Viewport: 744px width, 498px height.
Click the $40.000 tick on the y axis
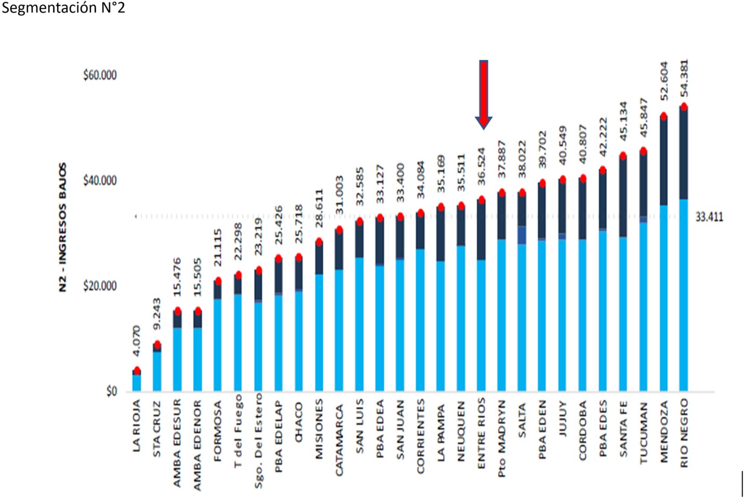coord(100,181)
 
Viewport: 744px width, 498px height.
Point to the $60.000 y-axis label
coord(100,75)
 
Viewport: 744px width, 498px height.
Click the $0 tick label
coord(111,392)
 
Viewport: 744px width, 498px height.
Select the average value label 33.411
coord(709,217)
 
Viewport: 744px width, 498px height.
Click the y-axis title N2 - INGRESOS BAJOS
coord(63,227)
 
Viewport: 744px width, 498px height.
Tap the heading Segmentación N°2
coord(63,8)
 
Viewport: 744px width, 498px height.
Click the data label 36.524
coord(481,166)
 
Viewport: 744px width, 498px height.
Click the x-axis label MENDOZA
coord(664,431)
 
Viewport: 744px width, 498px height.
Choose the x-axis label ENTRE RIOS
coord(481,433)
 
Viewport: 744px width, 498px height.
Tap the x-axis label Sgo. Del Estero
coord(259,441)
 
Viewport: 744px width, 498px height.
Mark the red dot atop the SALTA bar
coord(522,193)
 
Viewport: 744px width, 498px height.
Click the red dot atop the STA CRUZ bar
coord(157,345)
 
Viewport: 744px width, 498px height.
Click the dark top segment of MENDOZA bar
coord(663,160)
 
